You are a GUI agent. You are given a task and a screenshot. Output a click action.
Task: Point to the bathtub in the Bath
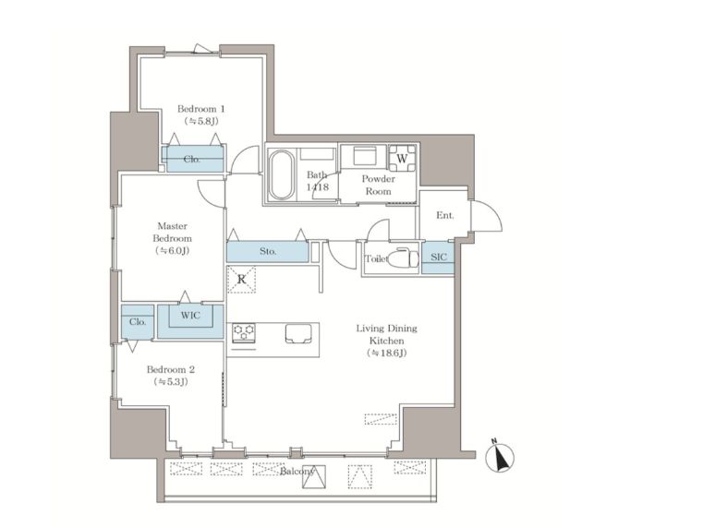(282, 174)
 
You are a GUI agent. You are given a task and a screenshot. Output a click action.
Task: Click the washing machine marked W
(402, 158)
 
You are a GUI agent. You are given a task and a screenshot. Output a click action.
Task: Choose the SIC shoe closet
(438, 257)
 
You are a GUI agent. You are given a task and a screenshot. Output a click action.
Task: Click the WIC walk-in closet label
(190, 316)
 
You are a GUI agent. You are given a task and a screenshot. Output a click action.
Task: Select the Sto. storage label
(268, 251)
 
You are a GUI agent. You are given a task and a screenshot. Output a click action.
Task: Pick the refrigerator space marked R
(241, 280)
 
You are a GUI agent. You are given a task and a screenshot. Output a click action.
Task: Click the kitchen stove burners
(244, 332)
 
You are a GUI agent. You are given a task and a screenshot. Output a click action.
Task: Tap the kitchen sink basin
(298, 333)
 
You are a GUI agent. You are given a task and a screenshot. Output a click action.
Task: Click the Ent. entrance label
(444, 215)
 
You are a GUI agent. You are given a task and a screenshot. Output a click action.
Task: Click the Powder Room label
(378, 185)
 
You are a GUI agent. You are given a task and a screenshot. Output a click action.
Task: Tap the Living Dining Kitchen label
(386, 341)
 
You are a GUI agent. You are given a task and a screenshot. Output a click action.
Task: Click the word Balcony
(297, 472)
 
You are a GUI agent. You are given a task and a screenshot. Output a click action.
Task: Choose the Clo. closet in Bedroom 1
(192, 159)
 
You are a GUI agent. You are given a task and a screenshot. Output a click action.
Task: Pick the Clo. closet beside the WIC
(138, 322)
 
